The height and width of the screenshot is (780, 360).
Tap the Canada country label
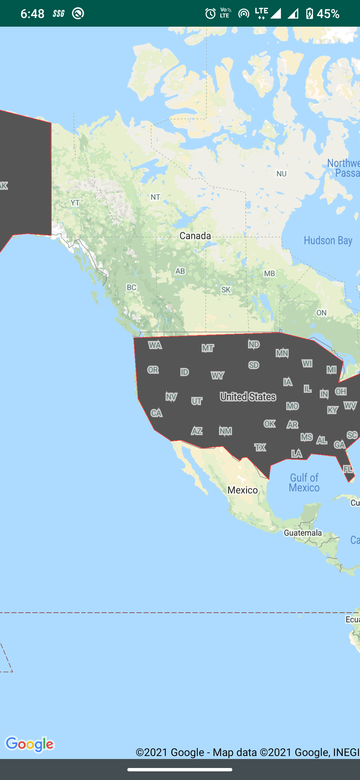195,236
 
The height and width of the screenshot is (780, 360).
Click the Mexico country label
242,490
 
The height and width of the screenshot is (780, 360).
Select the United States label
248,397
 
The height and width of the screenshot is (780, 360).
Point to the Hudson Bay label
328,240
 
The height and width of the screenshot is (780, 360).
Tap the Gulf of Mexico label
304,483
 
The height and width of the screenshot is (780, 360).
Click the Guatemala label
303,533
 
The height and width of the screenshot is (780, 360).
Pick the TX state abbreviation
260,447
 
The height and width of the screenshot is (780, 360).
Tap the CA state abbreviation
156,413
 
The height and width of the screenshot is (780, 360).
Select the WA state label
155,345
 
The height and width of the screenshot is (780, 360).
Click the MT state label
208,348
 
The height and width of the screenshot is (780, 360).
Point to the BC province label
131,287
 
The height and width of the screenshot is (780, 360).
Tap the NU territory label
281,174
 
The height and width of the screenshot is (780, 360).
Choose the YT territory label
75,203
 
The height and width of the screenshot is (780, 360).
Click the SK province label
226,290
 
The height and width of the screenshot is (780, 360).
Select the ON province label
321,313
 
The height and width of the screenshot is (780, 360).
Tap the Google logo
30,744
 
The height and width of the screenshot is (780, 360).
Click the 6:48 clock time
32,14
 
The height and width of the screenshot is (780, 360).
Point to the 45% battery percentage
328,14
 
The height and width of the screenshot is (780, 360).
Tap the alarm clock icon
210,14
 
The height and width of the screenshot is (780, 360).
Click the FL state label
348,469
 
